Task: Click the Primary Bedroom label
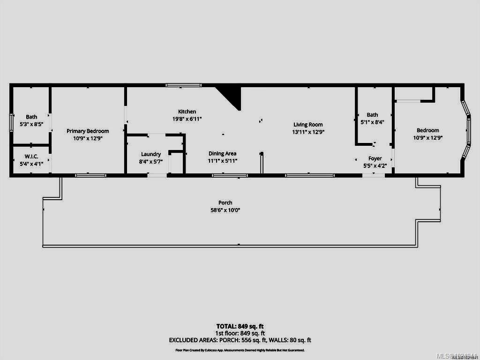tap(88, 131)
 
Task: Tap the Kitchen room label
tap(187, 112)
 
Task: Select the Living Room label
tap(308, 125)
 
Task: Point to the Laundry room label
tap(151, 154)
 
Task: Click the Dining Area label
tap(222, 153)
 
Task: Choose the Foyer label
tap(375, 158)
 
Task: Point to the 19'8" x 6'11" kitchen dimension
tap(187, 119)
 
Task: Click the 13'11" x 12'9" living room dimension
tap(308, 132)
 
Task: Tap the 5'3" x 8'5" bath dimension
tap(31, 124)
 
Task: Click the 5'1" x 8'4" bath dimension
tap(372, 122)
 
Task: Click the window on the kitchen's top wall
tap(183, 85)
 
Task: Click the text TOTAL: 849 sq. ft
tap(240, 326)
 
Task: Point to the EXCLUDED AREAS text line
tap(240, 340)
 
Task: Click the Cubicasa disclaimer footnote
tap(240, 350)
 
